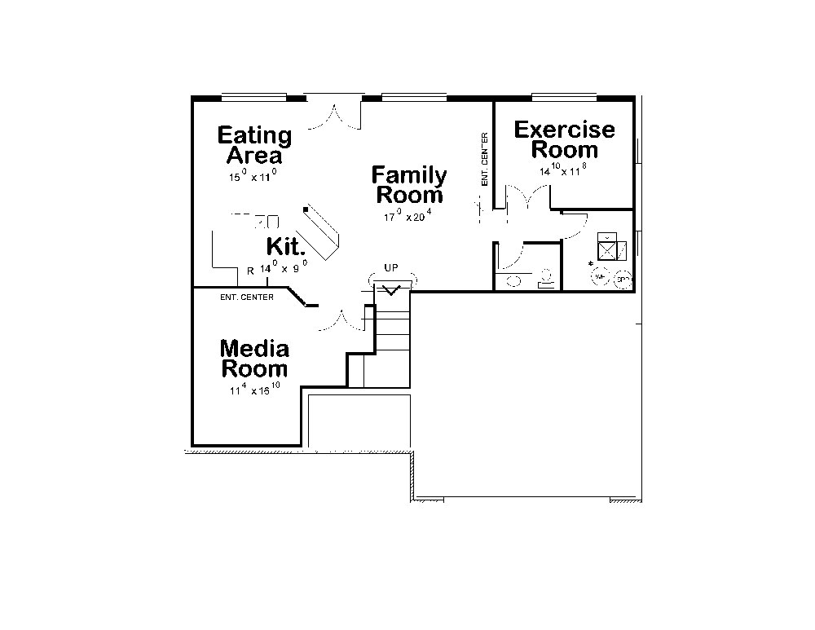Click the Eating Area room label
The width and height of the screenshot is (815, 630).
pos(254,145)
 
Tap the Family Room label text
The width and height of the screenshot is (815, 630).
pos(409,185)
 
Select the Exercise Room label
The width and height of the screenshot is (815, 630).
pos(564,139)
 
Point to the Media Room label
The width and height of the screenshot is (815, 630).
pos(254,359)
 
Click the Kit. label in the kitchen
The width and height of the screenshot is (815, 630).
pos(286,247)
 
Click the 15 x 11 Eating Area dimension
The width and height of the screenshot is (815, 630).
pos(253,175)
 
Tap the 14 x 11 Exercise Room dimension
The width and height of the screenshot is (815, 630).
pos(562,172)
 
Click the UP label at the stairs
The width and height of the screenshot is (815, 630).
pos(391,267)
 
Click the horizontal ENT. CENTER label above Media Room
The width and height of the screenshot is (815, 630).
pos(247,297)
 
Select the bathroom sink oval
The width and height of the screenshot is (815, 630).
pos(515,281)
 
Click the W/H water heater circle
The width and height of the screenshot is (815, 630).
pos(601,277)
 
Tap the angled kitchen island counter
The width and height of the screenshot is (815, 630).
pos(323,233)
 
